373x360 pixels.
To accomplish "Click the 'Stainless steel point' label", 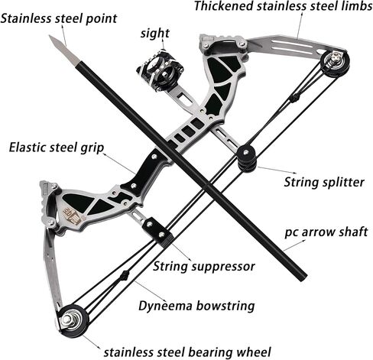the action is [59, 18].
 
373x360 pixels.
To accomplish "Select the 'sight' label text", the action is [155, 34].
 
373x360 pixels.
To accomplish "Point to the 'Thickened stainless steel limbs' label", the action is [283, 6].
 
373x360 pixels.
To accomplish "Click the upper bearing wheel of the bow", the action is [335, 63].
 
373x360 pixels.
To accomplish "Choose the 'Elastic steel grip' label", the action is [57, 148].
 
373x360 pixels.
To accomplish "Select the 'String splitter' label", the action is [324, 182].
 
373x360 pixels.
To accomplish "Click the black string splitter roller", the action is [247, 158].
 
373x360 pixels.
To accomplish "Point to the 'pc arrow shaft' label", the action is [326, 232].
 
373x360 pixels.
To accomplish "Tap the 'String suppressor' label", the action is [204, 267].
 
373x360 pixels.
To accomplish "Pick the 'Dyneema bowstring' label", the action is [196, 306].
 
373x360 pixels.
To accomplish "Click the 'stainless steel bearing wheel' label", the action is [187, 352].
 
